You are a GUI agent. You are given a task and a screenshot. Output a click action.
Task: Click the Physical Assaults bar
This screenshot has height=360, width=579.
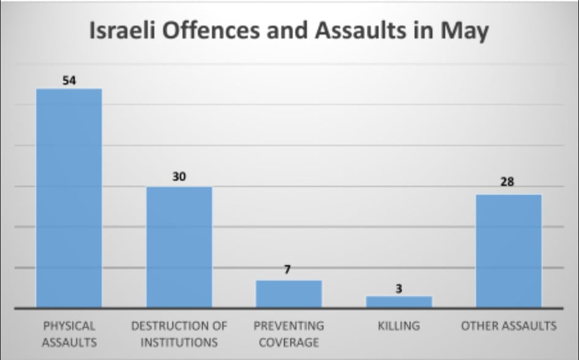pos(69,198)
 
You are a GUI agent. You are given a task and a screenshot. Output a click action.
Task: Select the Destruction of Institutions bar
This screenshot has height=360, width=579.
pos(179,247)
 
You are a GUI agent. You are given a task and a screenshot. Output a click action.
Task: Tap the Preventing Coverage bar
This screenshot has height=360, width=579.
pos(289,294)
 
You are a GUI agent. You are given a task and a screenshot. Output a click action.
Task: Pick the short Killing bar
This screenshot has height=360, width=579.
pos(399,301)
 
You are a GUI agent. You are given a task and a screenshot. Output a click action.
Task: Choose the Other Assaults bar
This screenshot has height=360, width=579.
pos(509,250)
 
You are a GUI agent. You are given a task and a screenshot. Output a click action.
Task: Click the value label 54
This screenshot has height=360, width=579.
pos(69,80)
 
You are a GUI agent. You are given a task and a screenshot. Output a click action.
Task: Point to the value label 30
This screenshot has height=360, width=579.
pos(179,177)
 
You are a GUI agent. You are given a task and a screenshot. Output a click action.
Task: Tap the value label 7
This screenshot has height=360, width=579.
pos(287,270)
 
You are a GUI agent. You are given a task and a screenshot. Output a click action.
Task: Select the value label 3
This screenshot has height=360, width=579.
pos(399,289)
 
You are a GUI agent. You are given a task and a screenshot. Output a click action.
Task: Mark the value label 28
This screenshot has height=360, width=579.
pos(507,182)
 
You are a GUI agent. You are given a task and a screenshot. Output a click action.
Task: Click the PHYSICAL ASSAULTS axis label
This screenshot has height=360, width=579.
pos(69,334)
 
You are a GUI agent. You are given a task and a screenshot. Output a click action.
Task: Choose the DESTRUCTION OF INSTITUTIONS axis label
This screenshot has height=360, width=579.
pos(179,334)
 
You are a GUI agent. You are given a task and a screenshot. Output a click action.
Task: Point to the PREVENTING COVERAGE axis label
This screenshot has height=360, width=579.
pos(289,334)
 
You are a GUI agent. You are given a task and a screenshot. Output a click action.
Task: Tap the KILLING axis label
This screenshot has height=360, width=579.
pos(399,326)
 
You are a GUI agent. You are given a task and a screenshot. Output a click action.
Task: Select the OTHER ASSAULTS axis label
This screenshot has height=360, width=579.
pos(509,326)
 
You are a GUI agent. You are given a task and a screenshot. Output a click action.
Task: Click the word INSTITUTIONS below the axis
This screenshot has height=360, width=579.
pos(179,342)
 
